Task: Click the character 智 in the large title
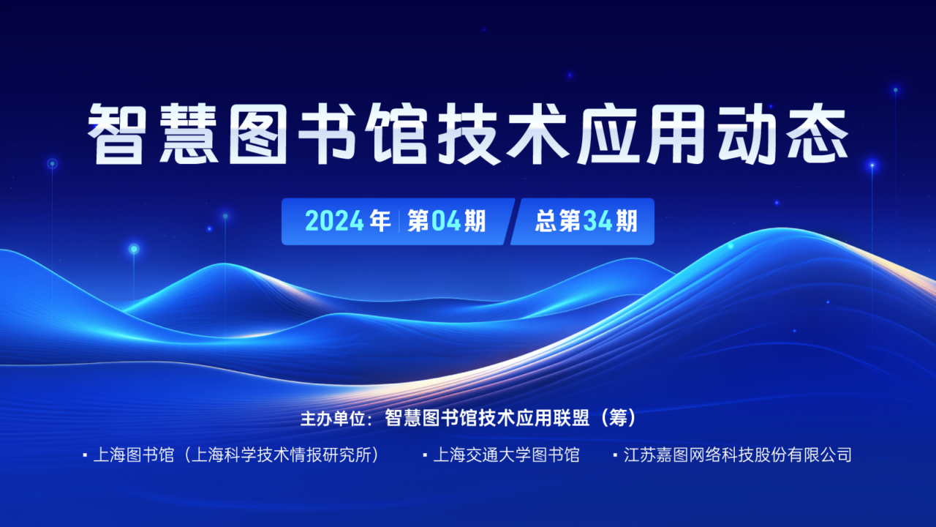click(116, 134)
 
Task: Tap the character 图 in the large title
click(258, 134)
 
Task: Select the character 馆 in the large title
click(396, 134)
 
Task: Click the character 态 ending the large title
click(818, 134)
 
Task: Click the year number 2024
click(334, 221)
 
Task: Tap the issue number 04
click(445, 221)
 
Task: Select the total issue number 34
click(598, 221)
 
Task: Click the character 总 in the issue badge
click(546, 221)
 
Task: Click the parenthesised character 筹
click(618, 418)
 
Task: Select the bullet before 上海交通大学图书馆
click(425, 455)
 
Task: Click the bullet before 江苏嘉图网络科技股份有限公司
click(615, 455)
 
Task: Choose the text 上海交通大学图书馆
click(506, 455)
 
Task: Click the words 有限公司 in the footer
click(819, 455)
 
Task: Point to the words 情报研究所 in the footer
click(330, 455)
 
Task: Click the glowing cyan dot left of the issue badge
click(225, 216)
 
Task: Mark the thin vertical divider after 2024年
click(399, 221)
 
